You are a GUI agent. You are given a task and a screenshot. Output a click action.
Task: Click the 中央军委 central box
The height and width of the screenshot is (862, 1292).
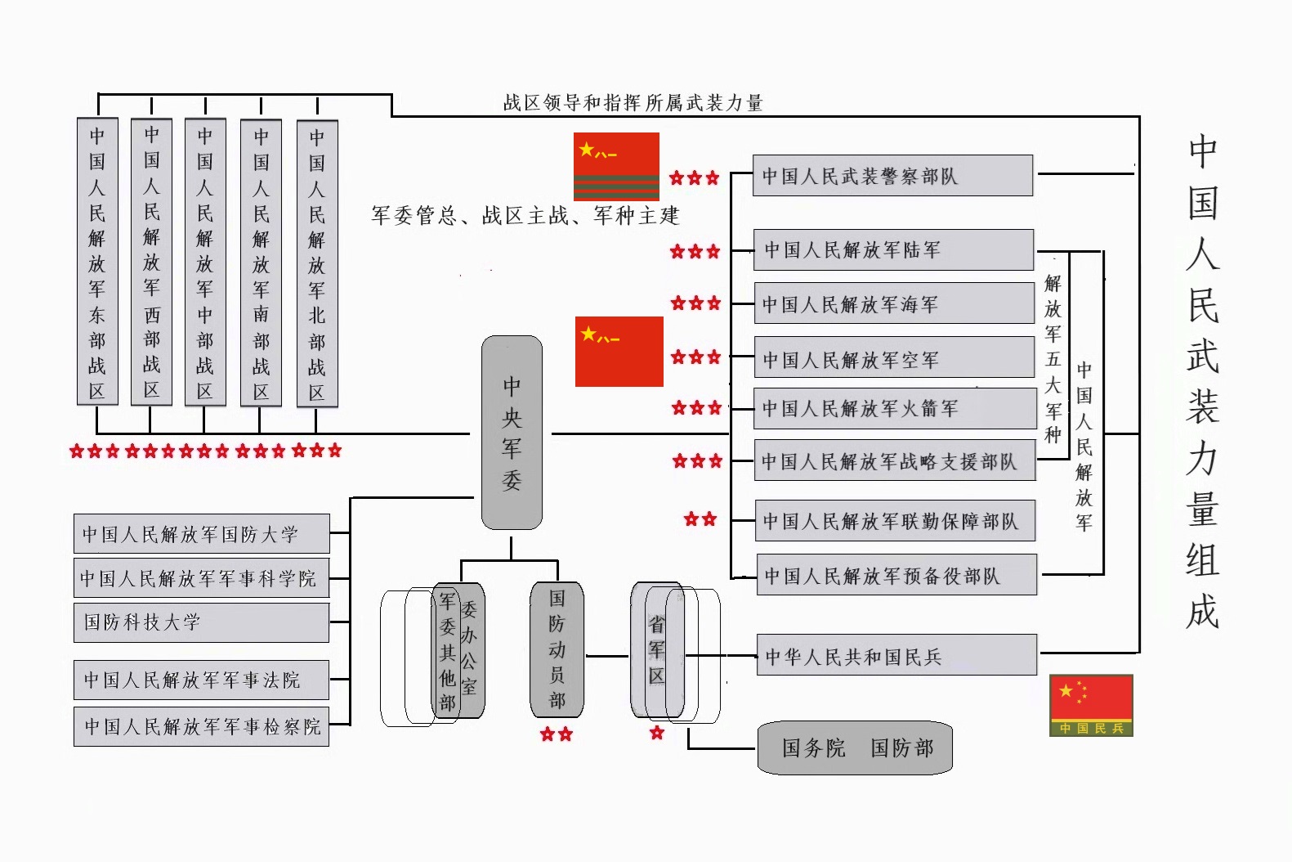[512, 433]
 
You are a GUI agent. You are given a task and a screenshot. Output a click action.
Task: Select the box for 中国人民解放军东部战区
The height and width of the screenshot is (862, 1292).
[97, 262]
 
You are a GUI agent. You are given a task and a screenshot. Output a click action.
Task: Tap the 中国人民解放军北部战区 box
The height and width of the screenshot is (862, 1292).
[317, 263]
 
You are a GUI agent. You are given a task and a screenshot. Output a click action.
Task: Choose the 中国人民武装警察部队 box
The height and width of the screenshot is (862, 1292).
[892, 176]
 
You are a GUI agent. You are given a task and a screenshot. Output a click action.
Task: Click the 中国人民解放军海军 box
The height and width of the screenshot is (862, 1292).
[893, 304]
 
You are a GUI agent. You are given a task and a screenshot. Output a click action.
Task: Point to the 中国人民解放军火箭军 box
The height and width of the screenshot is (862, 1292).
[894, 408]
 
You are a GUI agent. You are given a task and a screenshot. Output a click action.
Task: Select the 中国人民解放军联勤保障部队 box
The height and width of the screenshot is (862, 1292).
[894, 521]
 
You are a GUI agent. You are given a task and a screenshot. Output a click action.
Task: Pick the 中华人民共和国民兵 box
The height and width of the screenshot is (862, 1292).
[896, 656]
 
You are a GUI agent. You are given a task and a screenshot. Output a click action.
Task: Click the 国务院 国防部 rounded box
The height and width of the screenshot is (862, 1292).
[855, 748]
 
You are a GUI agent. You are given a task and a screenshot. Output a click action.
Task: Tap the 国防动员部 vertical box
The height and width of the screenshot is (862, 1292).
[557, 649]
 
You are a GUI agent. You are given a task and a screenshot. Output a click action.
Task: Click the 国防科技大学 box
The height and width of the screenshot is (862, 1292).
[201, 622]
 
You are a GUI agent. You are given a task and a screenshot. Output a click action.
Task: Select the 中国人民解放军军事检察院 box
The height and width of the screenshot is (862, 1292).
[201, 726]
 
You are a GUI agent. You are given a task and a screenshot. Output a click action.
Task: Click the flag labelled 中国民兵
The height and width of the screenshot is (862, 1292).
[1091, 705]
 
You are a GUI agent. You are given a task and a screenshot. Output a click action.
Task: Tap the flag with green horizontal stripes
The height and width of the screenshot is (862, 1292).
[616, 167]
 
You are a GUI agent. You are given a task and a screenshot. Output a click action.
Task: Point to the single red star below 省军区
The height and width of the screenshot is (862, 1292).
[657, 733]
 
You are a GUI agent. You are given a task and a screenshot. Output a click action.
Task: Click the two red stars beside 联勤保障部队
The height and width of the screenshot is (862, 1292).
[700, 519]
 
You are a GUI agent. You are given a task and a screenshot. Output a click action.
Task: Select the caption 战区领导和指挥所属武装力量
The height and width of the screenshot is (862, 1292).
[633, 103]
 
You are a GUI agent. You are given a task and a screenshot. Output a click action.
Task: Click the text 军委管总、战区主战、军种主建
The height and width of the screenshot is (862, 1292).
[525, 216]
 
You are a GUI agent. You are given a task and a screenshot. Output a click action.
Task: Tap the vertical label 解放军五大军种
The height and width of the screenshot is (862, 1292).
[1053, 358]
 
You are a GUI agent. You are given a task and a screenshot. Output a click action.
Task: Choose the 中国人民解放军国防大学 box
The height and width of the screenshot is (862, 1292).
[201, 534]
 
